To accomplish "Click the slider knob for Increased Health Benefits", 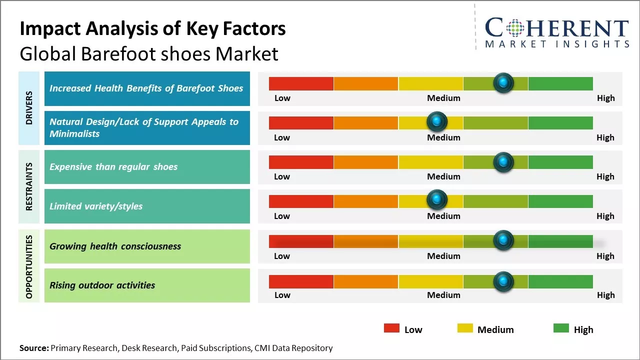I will (503, 83).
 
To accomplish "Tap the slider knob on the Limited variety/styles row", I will (437, 200).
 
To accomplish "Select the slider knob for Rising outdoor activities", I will (503, 281).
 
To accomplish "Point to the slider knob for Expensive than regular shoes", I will (503, 162).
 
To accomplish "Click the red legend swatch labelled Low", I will (391, 328).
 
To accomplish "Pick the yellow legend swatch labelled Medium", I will (465, 328).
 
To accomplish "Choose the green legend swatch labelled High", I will (561, 328).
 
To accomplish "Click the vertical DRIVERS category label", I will (29, 108).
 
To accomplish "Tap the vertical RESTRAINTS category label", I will (29, 186).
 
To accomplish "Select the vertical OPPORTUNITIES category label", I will (29, 266).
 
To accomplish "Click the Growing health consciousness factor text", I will (115, 246).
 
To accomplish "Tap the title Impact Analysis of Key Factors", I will (152, 28).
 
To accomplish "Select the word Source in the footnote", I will (33, 348).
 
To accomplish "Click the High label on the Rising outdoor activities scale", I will (605, 295).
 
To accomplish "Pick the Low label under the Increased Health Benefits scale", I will (282, 98).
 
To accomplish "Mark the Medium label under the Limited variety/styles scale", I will (443, 216).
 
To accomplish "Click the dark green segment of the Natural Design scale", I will (560, 122).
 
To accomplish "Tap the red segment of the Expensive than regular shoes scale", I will (301, 162).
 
